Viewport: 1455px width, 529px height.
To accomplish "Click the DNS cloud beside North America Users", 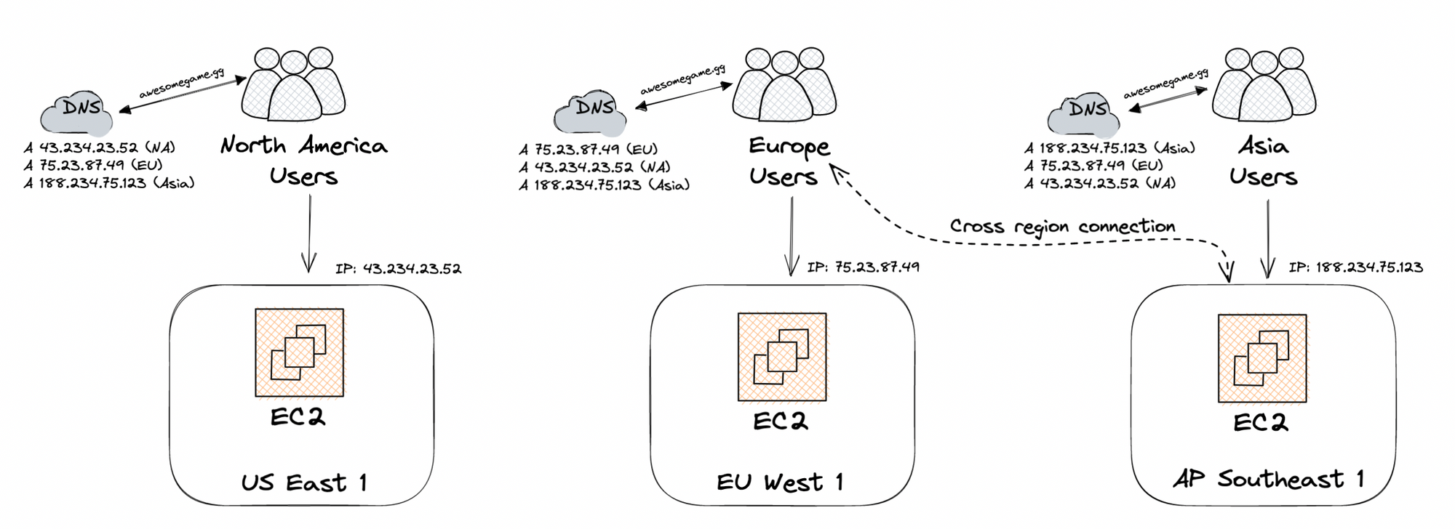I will click(x=78, y=113).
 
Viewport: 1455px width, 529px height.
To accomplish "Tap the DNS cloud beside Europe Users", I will click(x=590, y=113).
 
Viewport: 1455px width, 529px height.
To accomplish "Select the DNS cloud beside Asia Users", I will click(x=1084, y=115).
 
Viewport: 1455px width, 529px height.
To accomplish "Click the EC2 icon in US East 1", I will click(x=299, y=352).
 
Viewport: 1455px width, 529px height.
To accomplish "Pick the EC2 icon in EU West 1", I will click(x=782, y=357).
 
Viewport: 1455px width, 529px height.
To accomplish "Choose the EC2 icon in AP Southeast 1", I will click(x=1262, y=358).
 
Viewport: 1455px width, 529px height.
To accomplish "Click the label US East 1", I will click(x=304, y=482).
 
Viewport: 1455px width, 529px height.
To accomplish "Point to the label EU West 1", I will click(x=780, y=482).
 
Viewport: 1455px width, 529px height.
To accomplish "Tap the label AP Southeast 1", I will click(x=1269, y=479).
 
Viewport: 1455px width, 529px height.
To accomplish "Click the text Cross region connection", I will click(x=1062, y=227).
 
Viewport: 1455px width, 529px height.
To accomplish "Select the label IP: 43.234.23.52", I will click(x=398, y=269).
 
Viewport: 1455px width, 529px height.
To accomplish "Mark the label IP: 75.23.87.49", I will click(x=863, y=267).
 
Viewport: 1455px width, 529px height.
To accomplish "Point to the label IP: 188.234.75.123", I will click(x=1355, y=267).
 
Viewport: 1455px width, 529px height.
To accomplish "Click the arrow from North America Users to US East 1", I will click(x=309, y=233).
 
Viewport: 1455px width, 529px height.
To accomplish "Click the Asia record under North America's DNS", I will click(x=109, y=183).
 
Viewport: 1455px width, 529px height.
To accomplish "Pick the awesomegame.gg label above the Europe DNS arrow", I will click(x=682, y=81).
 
